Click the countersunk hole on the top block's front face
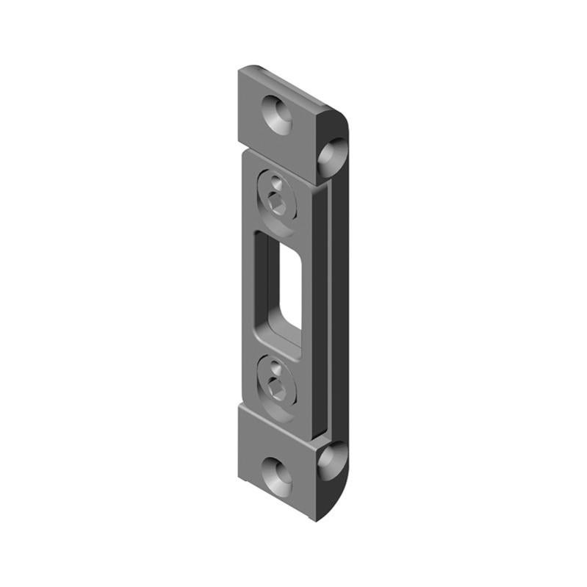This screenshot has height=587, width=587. (278, 113)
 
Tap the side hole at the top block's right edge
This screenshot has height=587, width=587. (333, 153)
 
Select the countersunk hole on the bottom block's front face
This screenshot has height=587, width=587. (278, 475)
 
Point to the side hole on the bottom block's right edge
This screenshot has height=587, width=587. (331, 459)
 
